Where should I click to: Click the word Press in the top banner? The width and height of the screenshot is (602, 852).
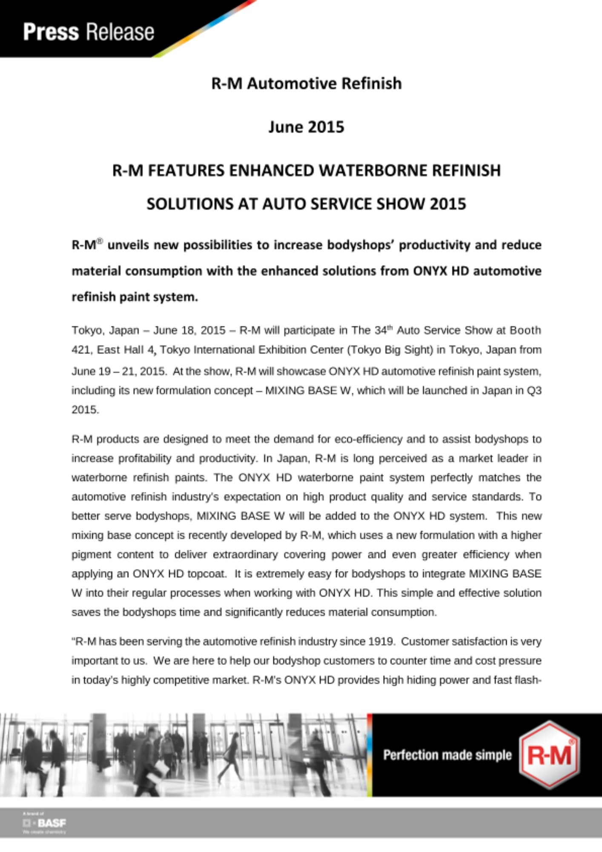click(51, 32)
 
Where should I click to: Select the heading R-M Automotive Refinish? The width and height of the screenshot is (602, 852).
click(306, 83)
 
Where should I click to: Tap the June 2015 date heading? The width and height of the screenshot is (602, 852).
click(306, 127)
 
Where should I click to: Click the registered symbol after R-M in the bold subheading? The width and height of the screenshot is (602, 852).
click(100, 242)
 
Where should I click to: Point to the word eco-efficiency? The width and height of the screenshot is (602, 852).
click(368, 439)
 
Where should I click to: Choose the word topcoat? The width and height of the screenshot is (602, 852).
click(206, 574)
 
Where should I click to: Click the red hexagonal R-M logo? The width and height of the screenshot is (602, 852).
click(550, 755)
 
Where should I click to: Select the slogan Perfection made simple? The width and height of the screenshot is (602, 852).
click(447, 755)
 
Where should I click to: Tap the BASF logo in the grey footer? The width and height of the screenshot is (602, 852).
click(45, 823)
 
